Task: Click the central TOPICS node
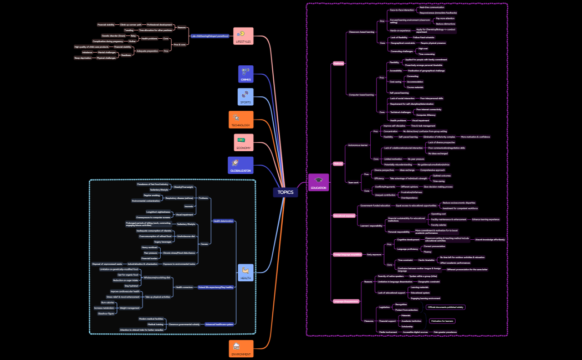pyautogui.click(x=285, y=192)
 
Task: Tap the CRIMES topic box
pyautogui.click(x=246, y=74)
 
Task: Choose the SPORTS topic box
pyautogui.click(x=246, y=97)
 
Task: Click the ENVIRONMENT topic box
pyautogui.click(x=241, y=349)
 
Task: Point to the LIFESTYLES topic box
pyautogui.click(x=243, y=36)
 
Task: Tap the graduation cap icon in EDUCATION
pyautogui.click(x=318, y=180)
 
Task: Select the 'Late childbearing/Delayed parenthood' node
pyautogui.click(x=210, y=35)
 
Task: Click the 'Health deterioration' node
pyautogui.click(x=223, y=221)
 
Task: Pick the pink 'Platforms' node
pyautogui.click(x=338, y=64)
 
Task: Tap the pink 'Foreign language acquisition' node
pyautogui.click(x=348, y=254)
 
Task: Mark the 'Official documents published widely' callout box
pyautogui.click(x=446, y=307)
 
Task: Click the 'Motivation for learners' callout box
pyautogui.click(x=442, y=321)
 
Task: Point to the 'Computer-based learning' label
pyautogui.click(x=361, y=95)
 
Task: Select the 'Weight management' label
pyautogui.click(x=130, y=308)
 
